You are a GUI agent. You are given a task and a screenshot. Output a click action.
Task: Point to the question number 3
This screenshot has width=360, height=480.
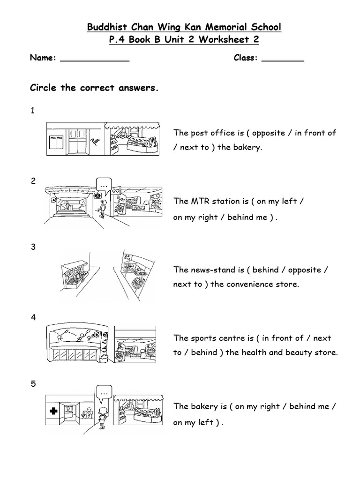point(33,247)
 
